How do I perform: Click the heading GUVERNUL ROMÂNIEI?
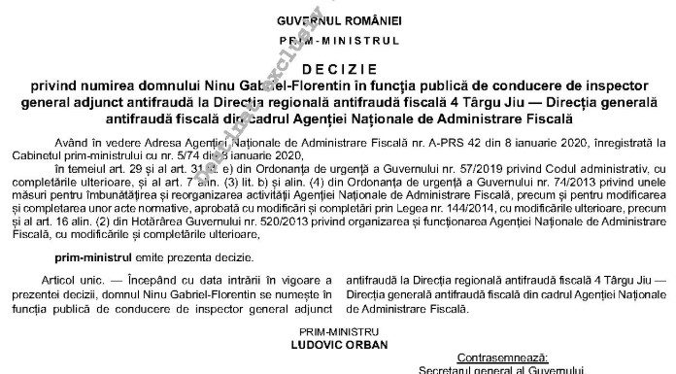tap(338, 20)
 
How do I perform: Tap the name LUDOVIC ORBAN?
tap(337, 343)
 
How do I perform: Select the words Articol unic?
tap(83, 280)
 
